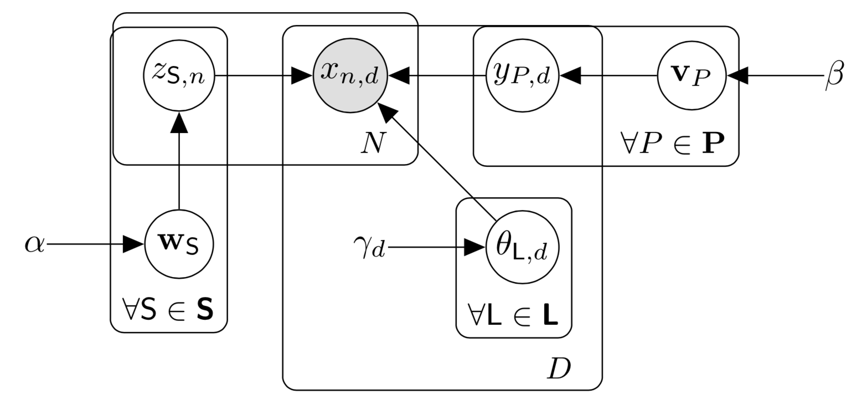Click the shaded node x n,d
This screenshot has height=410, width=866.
click(350, 75)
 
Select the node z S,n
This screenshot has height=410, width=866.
click(179, 75)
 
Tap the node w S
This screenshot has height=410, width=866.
click(179, 244)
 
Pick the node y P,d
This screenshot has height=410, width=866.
click(522, 75)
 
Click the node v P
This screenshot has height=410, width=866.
click(692, 75)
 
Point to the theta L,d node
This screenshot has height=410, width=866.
click(522, 247)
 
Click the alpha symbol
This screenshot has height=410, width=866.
click(34, 244)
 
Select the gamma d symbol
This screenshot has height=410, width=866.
click(369, 247)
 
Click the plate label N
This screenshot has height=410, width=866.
click(373, 143)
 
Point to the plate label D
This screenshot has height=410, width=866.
click(559, 368)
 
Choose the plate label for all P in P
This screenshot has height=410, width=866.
click(672, 143)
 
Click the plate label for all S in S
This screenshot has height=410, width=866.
click(168, 310)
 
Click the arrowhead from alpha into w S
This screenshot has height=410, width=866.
click(133, 244)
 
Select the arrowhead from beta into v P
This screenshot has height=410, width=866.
click(738, 75)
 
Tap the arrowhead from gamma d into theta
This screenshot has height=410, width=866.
click(475, 247)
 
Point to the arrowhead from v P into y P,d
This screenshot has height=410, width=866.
click(570, 75)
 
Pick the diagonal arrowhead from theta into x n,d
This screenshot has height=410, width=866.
click(387, 112)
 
